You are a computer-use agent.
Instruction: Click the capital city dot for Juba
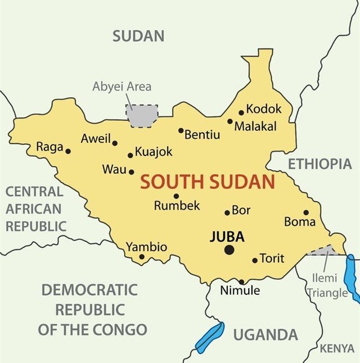click(229, 249)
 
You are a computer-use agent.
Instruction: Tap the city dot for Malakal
click(230, 121)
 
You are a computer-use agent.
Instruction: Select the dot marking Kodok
click(241, 112)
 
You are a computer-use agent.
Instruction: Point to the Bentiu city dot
click(181, 130)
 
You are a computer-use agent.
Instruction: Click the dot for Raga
click(68, 151)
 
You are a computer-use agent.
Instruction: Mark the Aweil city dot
click(115, 143)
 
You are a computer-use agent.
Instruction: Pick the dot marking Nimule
click(241, 282)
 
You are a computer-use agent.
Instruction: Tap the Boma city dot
click(306, 212)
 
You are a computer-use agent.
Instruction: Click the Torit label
click(272, 258)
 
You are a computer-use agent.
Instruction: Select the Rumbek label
click(177, 206)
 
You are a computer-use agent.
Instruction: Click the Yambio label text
click(146, 247)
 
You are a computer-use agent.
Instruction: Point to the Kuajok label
click(154, 152)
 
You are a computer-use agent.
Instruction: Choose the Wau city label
click(115, 169)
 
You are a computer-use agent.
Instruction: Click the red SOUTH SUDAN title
click(208, 182)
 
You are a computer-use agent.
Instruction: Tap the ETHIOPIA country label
click(319, 164)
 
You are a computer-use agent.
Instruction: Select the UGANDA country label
click(265, 335)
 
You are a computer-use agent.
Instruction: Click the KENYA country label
click(337, 349)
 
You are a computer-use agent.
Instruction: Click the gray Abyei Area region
click(141, 116)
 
